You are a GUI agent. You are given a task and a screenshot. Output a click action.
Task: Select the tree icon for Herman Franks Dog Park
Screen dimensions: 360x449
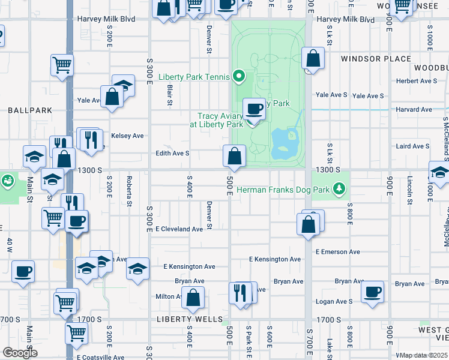coord(341,189)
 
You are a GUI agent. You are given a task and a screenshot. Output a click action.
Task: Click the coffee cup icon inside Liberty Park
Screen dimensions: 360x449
coord(255,109)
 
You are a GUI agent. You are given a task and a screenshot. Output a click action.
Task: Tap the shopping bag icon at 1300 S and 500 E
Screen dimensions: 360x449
coord(234,157)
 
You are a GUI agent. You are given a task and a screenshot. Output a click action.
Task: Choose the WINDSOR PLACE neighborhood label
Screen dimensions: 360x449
coord(376,59)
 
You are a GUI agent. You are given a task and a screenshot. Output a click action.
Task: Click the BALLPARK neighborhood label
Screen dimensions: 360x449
coord(30,110)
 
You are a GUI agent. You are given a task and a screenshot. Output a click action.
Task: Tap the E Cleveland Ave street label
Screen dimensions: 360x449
coord(179,229)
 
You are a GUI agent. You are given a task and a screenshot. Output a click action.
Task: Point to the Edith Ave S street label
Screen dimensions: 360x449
coord(172,153)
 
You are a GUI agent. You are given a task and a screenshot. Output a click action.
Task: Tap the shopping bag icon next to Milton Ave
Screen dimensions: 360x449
coord(194,297)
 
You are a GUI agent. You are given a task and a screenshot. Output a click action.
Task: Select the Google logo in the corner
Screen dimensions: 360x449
coord(20,352)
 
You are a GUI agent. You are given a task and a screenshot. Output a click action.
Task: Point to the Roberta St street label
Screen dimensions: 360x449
coord(129,191)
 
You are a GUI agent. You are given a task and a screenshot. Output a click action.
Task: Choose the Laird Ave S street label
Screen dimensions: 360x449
coord(412,146)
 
